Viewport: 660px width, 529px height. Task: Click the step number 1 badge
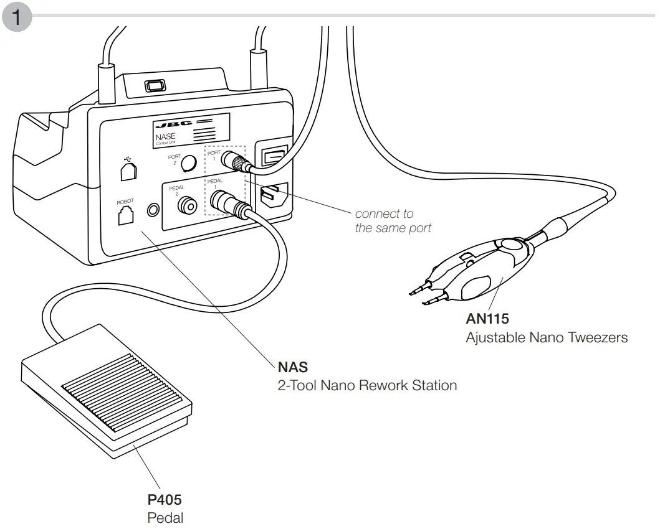17,17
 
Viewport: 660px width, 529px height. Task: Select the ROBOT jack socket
125,217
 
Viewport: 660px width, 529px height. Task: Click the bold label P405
165,499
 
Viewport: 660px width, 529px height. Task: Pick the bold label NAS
292,367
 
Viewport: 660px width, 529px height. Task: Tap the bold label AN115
487,319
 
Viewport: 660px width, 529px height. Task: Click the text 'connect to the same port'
393,221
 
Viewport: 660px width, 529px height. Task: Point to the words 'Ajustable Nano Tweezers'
546,338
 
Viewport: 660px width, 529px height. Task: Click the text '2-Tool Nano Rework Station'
367,385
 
